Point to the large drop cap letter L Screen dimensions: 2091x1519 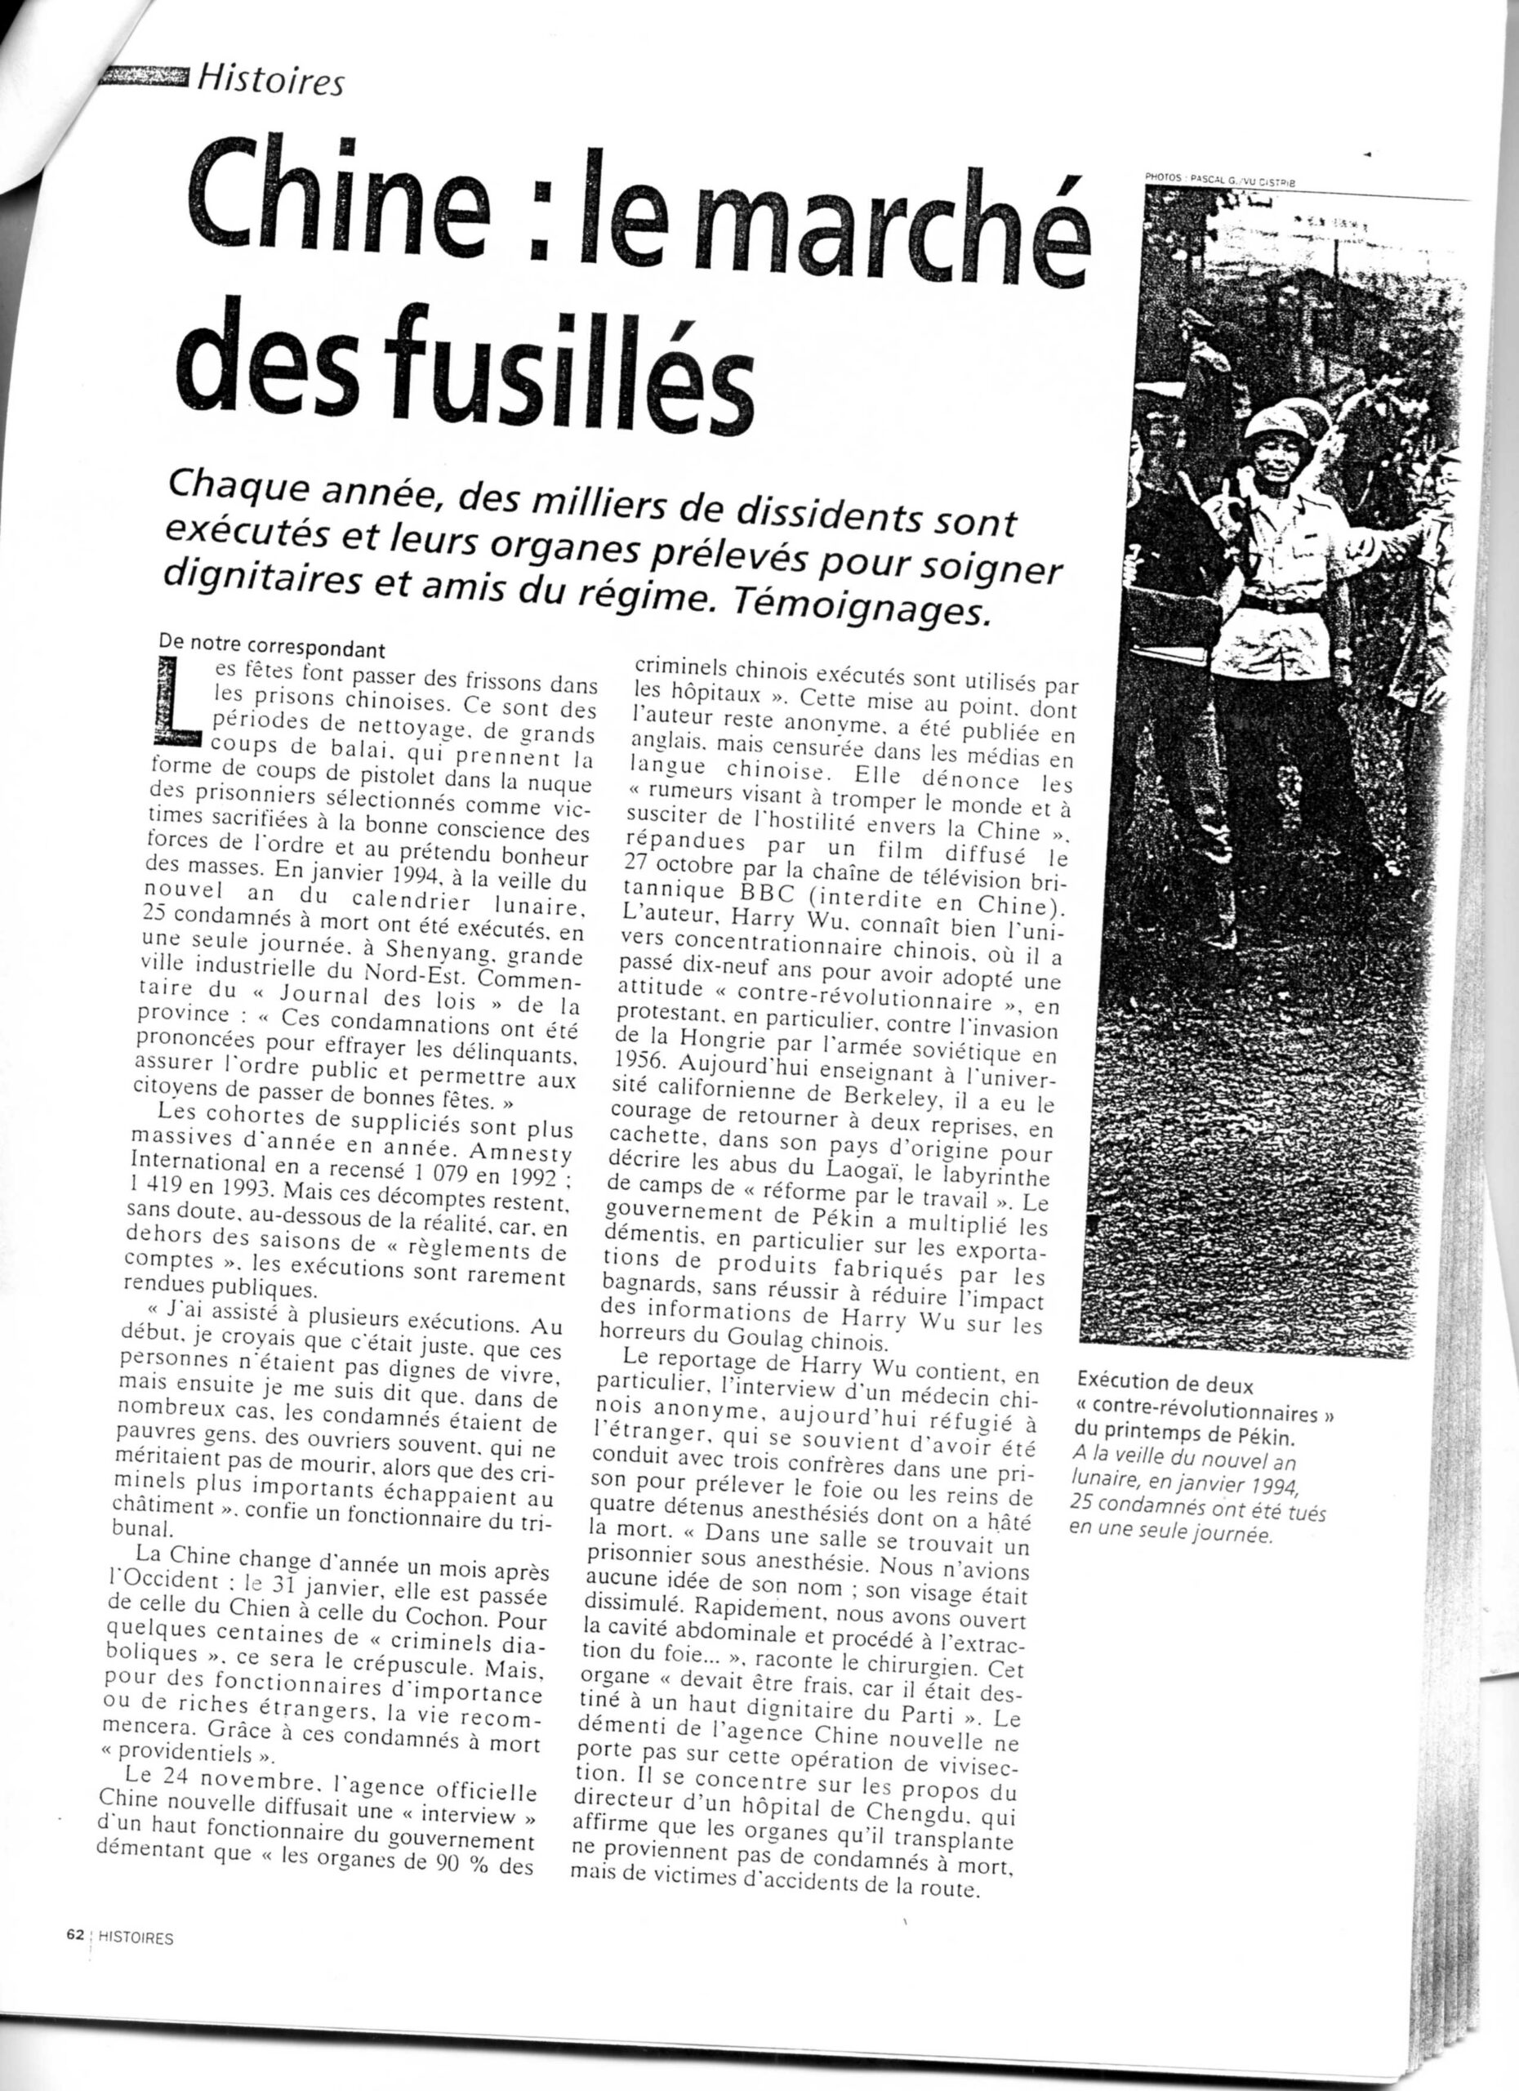click(x=180, y=704)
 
